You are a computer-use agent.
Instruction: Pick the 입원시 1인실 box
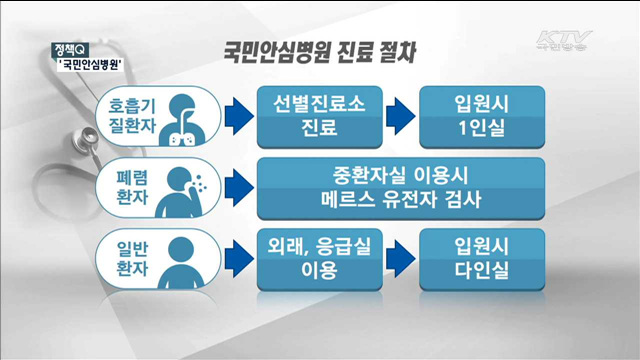pyautogui.click(x=477, y=117)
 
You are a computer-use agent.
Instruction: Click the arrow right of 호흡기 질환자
pyautogui.click(x=234, y=117)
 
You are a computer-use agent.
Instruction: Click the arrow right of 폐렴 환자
pyautogui.click(x=234, y=187)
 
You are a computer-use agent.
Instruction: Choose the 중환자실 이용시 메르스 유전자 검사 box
pyautogui.click(x=397, y=187)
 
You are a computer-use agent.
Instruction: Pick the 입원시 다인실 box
pyautogui.click(x=477, y=257)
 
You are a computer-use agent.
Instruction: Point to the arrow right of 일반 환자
pyautogui.click(x=234, y=257)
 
